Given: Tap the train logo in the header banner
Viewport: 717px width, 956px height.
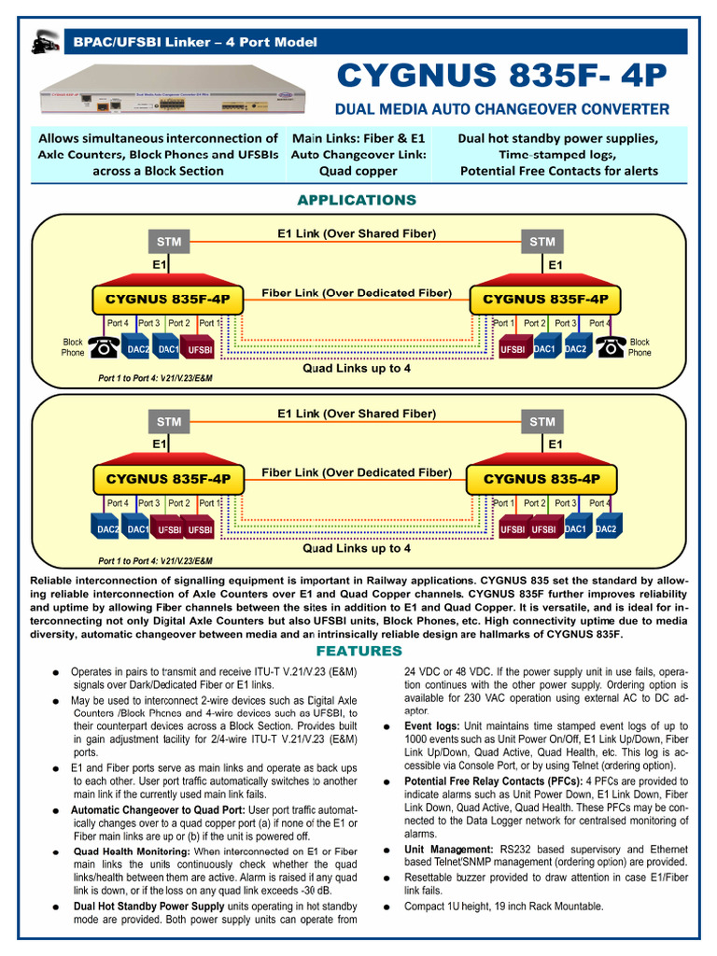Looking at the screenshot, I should coord(44,42).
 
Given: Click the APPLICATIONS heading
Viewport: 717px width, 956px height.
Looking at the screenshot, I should coord(357,200).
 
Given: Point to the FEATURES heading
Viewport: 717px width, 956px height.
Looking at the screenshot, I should coord(358,651).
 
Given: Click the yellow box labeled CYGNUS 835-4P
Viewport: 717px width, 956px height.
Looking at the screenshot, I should coord(541,479).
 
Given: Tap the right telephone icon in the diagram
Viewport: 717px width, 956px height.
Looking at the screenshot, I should coord(612,347).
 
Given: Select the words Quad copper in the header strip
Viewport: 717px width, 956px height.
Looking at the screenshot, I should coord(358,171).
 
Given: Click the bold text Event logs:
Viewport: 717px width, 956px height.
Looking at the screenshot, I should coord(431,726).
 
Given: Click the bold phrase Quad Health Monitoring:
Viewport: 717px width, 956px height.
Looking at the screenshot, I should coord(131,851).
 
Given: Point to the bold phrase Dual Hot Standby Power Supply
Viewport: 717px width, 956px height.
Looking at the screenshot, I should coord(148,906).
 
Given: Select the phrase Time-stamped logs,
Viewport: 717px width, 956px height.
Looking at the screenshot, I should coord(557,154).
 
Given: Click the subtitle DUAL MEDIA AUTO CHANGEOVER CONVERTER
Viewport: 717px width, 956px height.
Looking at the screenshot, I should coord(503,109).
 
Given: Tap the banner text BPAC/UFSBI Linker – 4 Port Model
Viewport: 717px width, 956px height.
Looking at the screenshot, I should coord(190,42).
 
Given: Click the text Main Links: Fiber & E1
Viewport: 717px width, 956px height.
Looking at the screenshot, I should coord(358,137).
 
